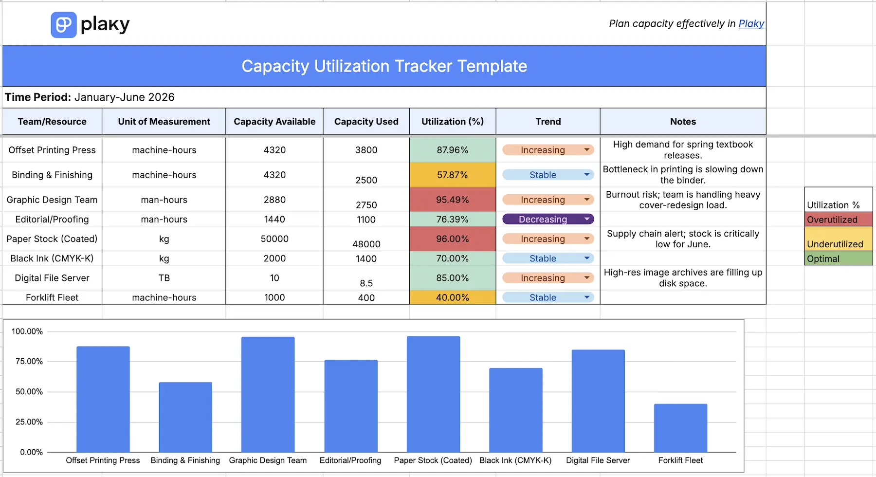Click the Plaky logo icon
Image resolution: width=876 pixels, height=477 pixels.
64,25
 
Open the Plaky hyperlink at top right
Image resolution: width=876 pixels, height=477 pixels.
751,23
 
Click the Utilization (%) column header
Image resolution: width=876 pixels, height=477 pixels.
452,122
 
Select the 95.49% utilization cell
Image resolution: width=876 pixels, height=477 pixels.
452,200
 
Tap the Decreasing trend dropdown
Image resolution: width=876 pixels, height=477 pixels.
547,220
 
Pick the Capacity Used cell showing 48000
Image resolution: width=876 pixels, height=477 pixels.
366,243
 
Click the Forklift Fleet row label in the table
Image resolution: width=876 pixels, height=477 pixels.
52,297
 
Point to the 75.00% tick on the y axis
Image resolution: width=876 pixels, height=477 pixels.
29,362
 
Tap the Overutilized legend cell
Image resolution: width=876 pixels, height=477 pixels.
838,220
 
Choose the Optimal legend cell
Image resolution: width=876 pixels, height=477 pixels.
838,258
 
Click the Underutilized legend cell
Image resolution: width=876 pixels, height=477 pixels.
838,243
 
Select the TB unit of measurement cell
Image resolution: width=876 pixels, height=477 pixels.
164,278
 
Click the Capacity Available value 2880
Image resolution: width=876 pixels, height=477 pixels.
274,200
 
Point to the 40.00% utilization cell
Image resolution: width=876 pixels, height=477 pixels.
452,297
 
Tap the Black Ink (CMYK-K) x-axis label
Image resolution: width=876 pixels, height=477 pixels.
515,460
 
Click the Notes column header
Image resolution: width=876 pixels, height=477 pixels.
683,122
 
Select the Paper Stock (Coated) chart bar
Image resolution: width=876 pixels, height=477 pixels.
433,394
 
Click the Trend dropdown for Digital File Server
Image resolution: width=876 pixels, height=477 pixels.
547,278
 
